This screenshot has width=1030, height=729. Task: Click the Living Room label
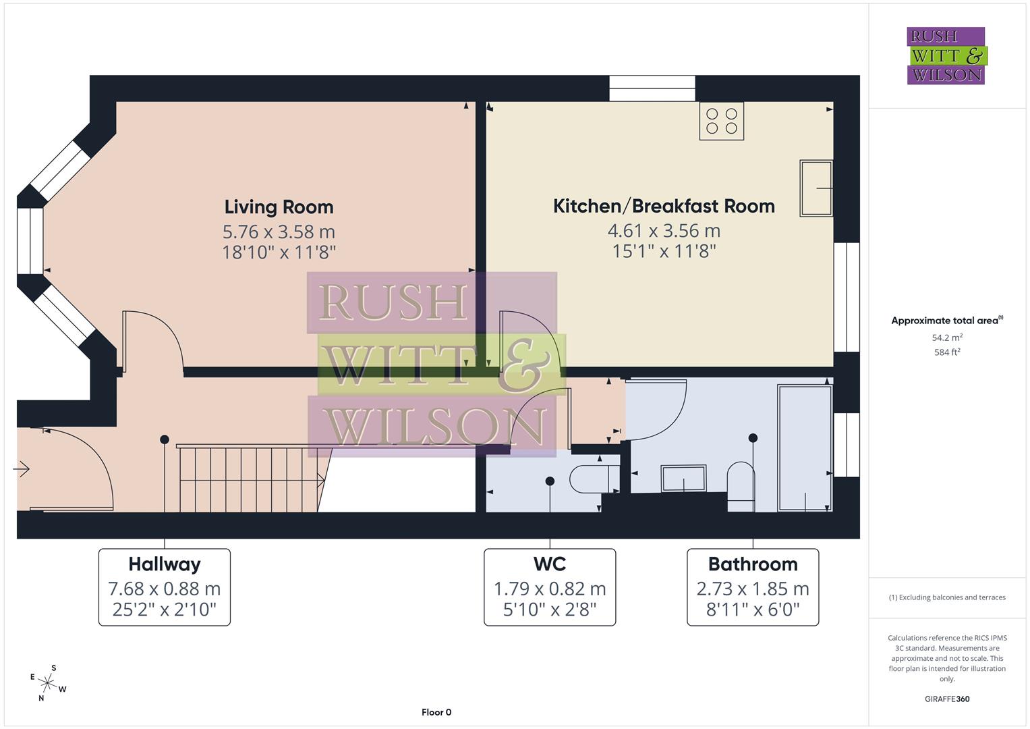[279, 207]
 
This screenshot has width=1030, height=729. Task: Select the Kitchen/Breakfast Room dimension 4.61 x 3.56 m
[664, 231]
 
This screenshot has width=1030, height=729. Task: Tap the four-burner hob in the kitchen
[721, 121]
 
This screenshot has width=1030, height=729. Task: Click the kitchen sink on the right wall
[816, 188]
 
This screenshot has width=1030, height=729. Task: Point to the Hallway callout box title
[165, 564]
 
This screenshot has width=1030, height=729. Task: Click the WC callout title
[549, 564]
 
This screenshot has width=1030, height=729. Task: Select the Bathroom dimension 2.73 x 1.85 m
[753, 589]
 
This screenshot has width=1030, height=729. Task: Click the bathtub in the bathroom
[805, 448]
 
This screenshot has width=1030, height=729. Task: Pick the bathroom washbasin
[683, 479]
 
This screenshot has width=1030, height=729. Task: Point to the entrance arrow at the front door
[22, 468]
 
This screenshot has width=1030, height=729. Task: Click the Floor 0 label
[436, 712]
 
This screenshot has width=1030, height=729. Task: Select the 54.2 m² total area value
[947, 337]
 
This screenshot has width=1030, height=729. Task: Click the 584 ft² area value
[947, 352]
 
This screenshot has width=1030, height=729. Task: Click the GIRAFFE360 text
[947, 699]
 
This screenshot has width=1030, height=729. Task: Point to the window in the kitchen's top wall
[652, 88]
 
